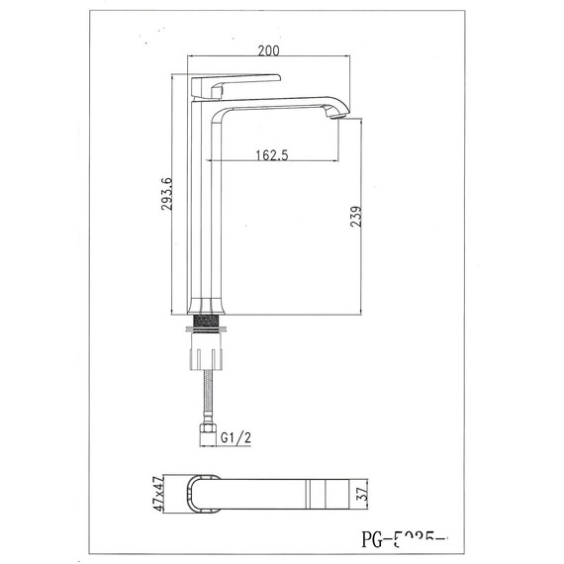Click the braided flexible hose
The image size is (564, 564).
tap(210, 396)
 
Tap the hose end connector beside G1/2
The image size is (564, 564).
tap(209, 432)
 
